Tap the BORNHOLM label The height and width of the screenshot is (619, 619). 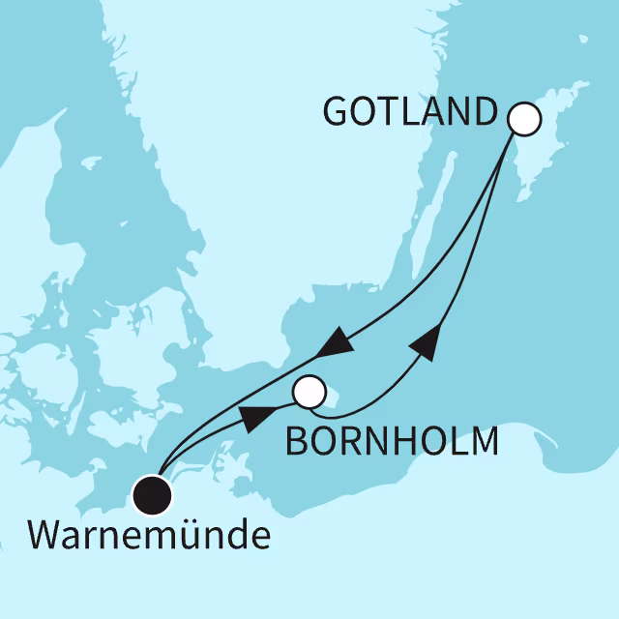coord(391,441)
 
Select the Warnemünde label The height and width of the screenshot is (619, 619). coord(149,535)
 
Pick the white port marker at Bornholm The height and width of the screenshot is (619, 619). coord(309,392)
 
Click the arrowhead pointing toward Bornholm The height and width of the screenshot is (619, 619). coord(252,418)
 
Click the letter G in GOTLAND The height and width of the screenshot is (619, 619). coord(335,113)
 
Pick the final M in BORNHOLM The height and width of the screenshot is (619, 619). coord(484,441)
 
